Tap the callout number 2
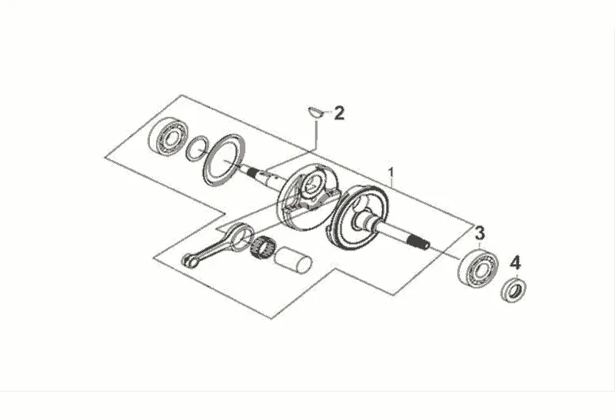[x=339, y=114]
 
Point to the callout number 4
[x=516, y=262]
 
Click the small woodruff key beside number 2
[x=314, y=113]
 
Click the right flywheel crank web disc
[x=362, y=218]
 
